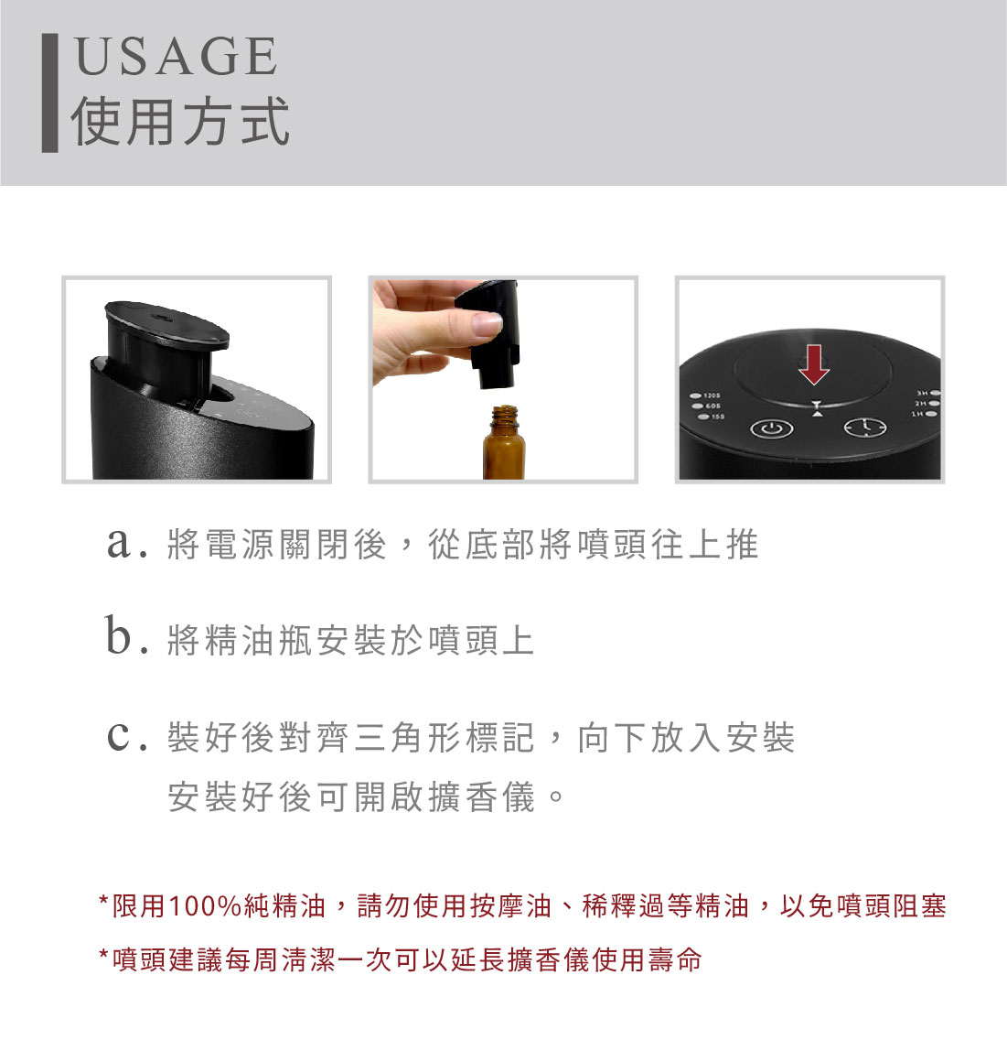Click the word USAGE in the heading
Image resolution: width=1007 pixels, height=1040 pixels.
[x=177, y=56]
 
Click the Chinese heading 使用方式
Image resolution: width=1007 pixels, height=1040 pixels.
[x=180, y=121]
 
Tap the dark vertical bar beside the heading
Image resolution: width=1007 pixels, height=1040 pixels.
[x=49, y=93]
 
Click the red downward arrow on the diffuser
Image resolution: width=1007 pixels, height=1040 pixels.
[x=814, y=364]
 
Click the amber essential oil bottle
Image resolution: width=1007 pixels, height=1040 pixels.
[x=504, y=442]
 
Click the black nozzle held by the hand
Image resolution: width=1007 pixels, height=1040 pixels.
[x=489, y=333]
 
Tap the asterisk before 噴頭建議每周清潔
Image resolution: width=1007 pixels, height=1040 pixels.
[x=103, y=955]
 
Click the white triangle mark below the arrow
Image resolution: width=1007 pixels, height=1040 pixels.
[x=818, y=414]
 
